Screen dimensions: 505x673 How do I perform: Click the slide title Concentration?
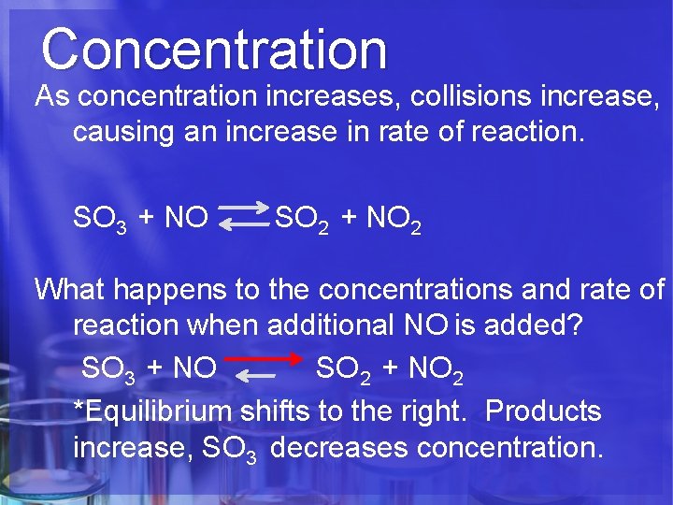pyautogui.click(x=213, y=49)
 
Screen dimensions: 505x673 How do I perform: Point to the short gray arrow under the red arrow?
pyautogui.click(x=256, y=376)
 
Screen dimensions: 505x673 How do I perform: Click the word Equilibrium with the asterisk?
pyautogui.click(x=153, y=411)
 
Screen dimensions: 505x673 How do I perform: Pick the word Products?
pyautogui.click(x=544, y=411)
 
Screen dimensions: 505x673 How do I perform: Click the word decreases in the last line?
pyautogui.click(x=339, y=448)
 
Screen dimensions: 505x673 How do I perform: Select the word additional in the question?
pyautogui.click(x=332, y=326)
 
